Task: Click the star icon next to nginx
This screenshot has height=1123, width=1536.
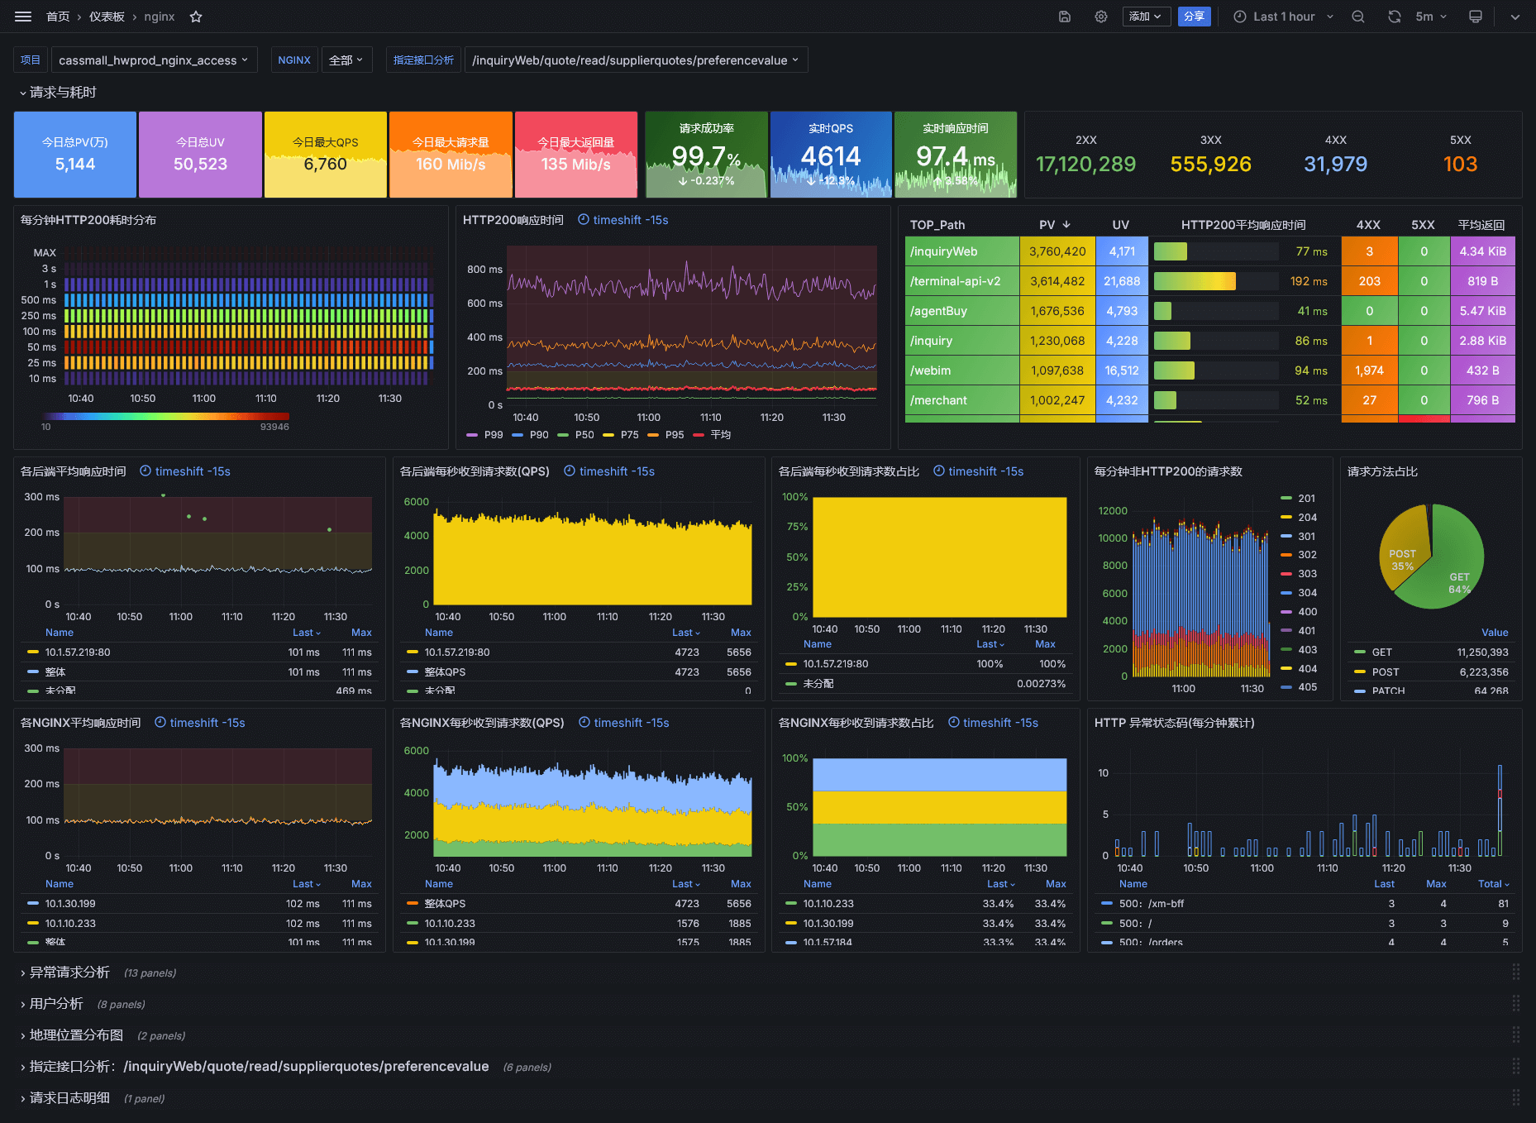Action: pyautogui.click(x=196, y=17)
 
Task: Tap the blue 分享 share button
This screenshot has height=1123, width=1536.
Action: pyautogui.click(x=1194, y=17)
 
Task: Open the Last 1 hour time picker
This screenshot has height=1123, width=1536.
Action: pyautogui.click(x=1283, y=17)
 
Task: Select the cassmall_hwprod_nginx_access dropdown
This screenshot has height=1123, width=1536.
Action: pyautogui.click(x=154, y=60)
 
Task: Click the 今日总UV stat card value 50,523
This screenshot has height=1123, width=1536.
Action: pyautogui.click(x=200, y=164)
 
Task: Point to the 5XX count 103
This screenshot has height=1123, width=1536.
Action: pyautogui.click(x=1460, y=164)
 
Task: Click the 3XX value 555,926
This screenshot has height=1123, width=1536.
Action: pyautogui.click(x=1210, y=164)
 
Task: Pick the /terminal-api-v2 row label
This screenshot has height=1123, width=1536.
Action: pyautogui.click(x=955, y=281)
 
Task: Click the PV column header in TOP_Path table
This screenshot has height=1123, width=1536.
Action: pyautogui.click(x=1047, y=225)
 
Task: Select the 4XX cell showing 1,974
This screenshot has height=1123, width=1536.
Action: pyautogui.click(x=1369, y=370)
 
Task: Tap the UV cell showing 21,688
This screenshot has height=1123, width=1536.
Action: pyautogui.click(x=1122, y=281)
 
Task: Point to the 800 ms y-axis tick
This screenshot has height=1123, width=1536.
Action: pyautogui.click(x=484, y=270)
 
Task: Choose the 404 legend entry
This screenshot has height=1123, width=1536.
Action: pyautogui.click(x=1307, y=668)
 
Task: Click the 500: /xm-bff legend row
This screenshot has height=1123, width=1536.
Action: pyautogui.click(x=1151, y=904)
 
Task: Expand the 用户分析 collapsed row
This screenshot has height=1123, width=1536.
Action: pyautogui.click(x=56, y=1004)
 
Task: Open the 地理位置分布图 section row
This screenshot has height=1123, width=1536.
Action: pyautogui.click(x=76, y=1035)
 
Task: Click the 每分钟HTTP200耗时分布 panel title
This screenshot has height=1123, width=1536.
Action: pyautogui.click(x=88, y=220)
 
